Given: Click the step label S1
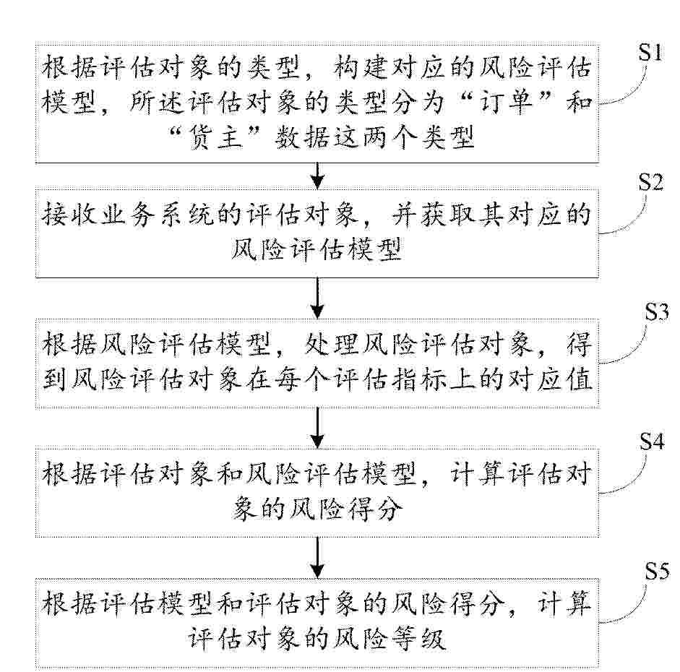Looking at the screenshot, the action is (650, 52).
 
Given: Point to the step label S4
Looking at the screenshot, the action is (652, 441).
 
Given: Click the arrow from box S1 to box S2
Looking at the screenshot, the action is (318, 176).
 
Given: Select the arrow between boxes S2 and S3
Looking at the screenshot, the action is (318, 298).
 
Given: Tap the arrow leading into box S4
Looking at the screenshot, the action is (318, 428).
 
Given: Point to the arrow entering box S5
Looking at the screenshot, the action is (318, 558).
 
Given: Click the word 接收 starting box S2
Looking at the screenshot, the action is (69, 215).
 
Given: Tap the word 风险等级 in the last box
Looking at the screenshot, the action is (390, 639).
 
